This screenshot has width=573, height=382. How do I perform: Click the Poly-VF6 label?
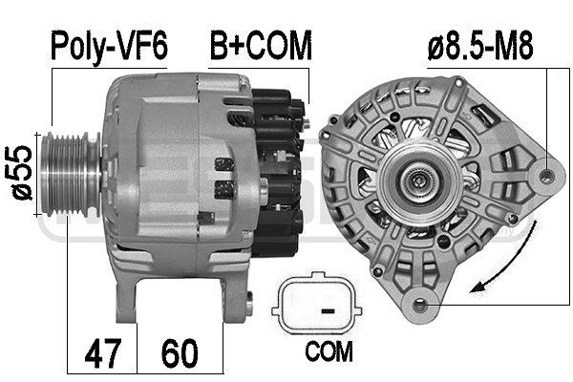point(108,46)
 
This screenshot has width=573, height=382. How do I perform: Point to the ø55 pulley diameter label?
point(18,171)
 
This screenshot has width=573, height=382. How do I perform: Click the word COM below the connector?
point(329,352)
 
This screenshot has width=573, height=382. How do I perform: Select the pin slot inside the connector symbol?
point(327,310)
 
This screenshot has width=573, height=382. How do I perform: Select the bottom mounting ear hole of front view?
point(418,304)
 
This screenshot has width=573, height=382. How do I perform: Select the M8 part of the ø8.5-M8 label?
point(512,46)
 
